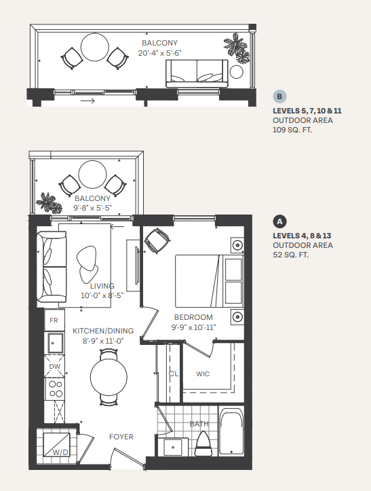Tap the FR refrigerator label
point(53,319)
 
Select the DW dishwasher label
point(54,367)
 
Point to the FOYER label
point(121,437)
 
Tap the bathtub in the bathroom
point(231,433)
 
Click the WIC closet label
point(203,374)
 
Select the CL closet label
point(173,374)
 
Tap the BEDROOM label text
point(193,317)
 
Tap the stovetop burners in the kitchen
point(54,389)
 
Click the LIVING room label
point(102,286)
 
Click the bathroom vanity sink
point(176,446)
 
